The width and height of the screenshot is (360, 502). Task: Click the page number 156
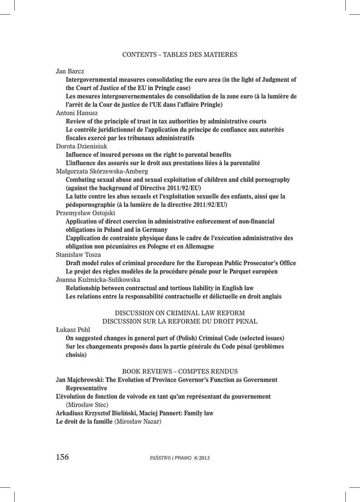[x=62, y=457]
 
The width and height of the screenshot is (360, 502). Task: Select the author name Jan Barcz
[x=70, y=71]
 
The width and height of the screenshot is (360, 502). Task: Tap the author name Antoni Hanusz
[x=77, y=113]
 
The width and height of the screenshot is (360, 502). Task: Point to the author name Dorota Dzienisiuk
[x=82, y=146]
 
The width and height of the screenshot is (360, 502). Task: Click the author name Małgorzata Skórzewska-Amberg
[x=102, y=171]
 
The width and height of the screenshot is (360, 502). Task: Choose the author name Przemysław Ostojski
[x=82, y=213]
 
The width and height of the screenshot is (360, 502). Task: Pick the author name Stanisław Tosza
[x=78, y=255]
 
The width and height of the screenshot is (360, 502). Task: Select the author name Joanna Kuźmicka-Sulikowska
[x=98, y=280]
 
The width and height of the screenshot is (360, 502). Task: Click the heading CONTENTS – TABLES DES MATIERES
[x=180, y=54]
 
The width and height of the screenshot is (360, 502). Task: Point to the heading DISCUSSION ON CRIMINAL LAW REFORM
[x=180, y=313]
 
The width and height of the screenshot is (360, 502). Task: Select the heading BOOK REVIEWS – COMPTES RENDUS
[x=180, y=371]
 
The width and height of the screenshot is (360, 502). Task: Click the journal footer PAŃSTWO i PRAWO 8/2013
[x=180, y=458]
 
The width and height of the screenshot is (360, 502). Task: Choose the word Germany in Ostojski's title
[x=152, y=230]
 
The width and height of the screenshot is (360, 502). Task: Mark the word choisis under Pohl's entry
[x=76, y=355]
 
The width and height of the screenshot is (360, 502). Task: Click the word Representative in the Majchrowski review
[x=86, y=388]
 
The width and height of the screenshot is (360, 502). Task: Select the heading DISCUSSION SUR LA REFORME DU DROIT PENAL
[x=180, y=321]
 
